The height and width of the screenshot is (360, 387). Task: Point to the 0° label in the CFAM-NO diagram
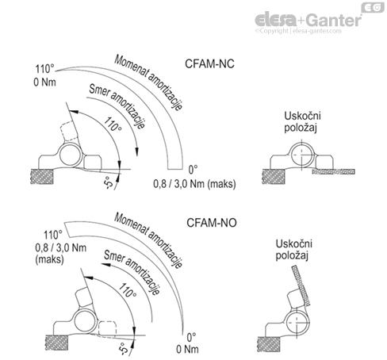tap(190, 334)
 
